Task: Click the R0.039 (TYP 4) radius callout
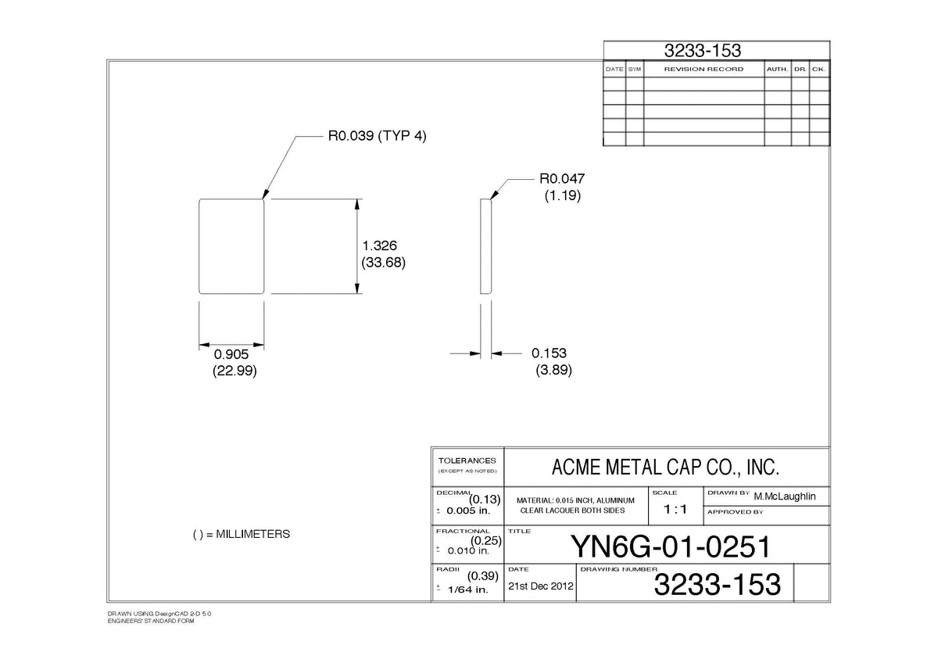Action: (377, 136)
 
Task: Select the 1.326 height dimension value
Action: (379, 245)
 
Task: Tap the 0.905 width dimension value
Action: (231, 354)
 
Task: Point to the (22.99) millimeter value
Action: (234, 371)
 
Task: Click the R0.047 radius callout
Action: (562, 179)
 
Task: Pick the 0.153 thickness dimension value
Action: (549, 353)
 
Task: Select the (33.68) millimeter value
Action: (383, 263)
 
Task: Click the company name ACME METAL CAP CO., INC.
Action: (665, 467)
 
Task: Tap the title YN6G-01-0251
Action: (671, 547)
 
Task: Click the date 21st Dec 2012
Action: (541, 586)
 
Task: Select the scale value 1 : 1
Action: (675, 509)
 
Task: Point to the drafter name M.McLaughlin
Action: (785, 496)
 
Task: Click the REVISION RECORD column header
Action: (704, 69)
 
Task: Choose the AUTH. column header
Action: (778, 69)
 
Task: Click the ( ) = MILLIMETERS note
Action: (242, 535)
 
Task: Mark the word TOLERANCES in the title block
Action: (467, 461)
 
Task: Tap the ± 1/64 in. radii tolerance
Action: (462, 590)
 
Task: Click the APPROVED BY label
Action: (736, 512)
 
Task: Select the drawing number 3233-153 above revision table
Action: (703, 51)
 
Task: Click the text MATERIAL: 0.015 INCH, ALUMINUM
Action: (575, 500)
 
